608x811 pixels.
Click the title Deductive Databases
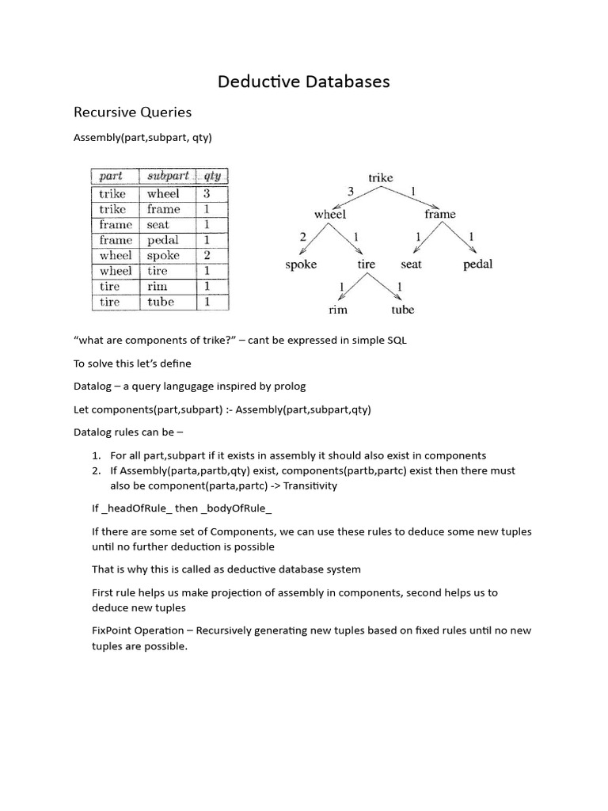click(304, 82)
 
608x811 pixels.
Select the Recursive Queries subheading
click(132, 112)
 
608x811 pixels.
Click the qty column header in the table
click(211, 176)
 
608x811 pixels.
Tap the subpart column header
click(168, 176)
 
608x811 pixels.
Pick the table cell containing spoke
click(163, 255)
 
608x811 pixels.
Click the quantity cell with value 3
click(207, 193)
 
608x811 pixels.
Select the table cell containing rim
click(156, 286)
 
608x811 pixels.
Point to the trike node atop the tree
click(380, 177)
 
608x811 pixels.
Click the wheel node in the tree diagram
click(330, 214)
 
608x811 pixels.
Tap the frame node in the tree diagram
click(439, 214)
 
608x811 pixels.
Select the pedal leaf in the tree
click(477, 264)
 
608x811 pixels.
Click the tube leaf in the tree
click(402, 310)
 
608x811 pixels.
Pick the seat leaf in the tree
click(411, 264)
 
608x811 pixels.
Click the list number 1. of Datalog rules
click(96, 455)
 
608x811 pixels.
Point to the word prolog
click(290, 386)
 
